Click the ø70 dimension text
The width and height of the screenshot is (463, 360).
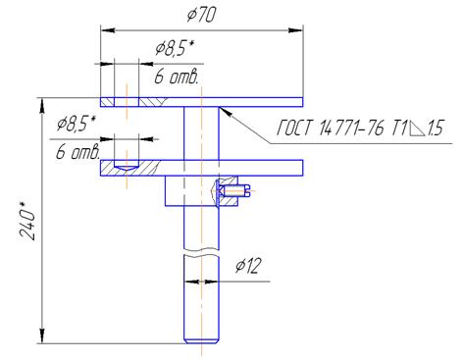pos(201,15)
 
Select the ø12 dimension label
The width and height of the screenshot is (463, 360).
pos(248,266)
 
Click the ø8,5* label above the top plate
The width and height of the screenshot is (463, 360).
pos(175,48)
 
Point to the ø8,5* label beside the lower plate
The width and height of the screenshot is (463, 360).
pos(76,124)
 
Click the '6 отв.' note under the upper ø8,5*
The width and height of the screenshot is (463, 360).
pos(177,77)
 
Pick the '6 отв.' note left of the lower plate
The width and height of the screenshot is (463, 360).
pos(77,152)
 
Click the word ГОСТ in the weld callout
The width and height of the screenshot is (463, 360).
pos(294,128)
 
